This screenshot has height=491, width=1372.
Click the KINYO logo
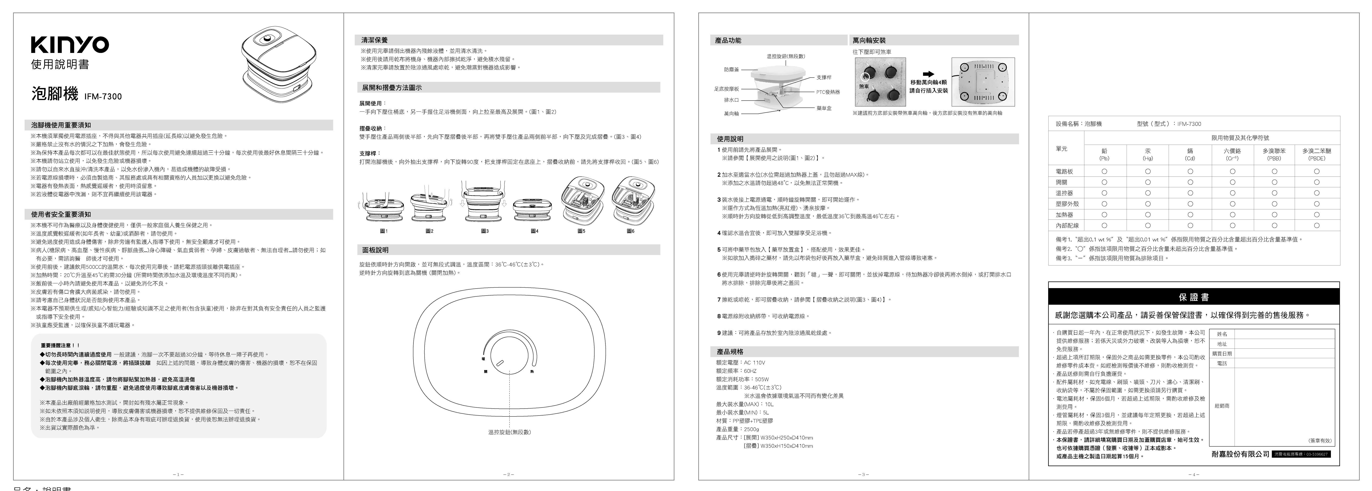point(70,45)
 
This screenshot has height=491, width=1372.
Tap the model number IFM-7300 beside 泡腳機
point(103,96)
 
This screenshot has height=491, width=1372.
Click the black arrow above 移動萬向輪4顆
point(928,74)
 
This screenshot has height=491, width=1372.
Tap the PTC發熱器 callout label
point(828,92)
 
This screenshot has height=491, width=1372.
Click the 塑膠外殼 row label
point(1067,204)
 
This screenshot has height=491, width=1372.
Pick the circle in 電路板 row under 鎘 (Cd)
point(1190,172)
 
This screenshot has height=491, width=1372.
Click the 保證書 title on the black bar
point(1193,297)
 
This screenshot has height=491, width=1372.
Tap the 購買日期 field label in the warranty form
point(1222,354)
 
